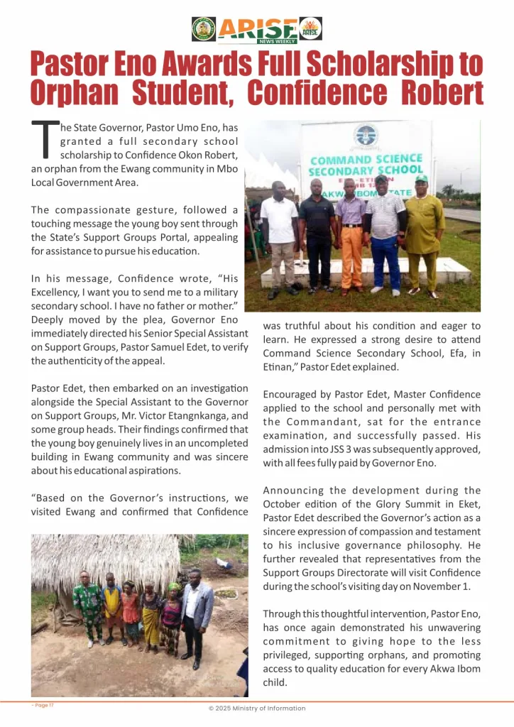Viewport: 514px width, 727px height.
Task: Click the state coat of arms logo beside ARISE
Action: [x=204, y=29]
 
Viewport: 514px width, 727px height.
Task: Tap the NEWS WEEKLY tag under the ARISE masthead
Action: [x=278, y=41]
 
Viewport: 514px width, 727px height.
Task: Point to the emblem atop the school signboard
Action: [x=366, y=135]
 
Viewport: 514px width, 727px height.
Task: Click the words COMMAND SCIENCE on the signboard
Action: [x=366, y=160]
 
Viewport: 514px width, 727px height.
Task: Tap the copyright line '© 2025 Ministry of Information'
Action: [x=256, y=709]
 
